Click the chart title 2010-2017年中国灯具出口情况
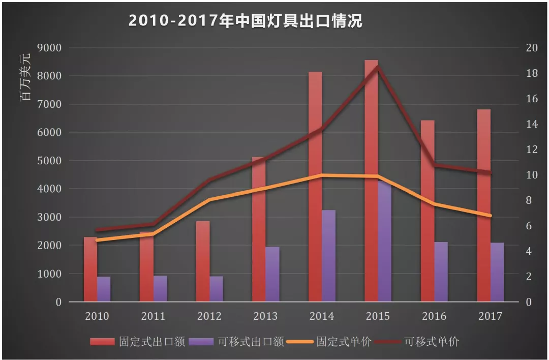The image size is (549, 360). coord(245,21)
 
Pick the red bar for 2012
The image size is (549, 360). coord(203,261)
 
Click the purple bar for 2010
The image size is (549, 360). coord(104,289)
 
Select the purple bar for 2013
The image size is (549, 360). coord(272,274)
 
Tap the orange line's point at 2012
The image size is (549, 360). coord(209,200)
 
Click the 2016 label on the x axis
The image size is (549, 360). coord(434,316)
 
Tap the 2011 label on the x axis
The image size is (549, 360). coord(153,316)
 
